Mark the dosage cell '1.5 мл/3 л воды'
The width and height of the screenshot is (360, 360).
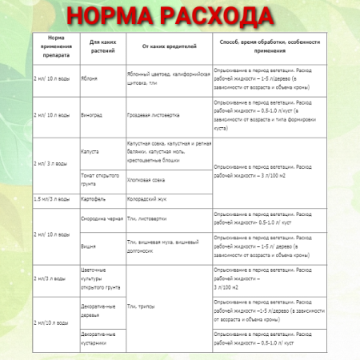pos(52,198)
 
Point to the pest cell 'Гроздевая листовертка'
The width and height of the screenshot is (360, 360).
pos(154,114)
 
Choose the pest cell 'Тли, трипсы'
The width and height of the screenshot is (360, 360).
pos(141,306)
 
